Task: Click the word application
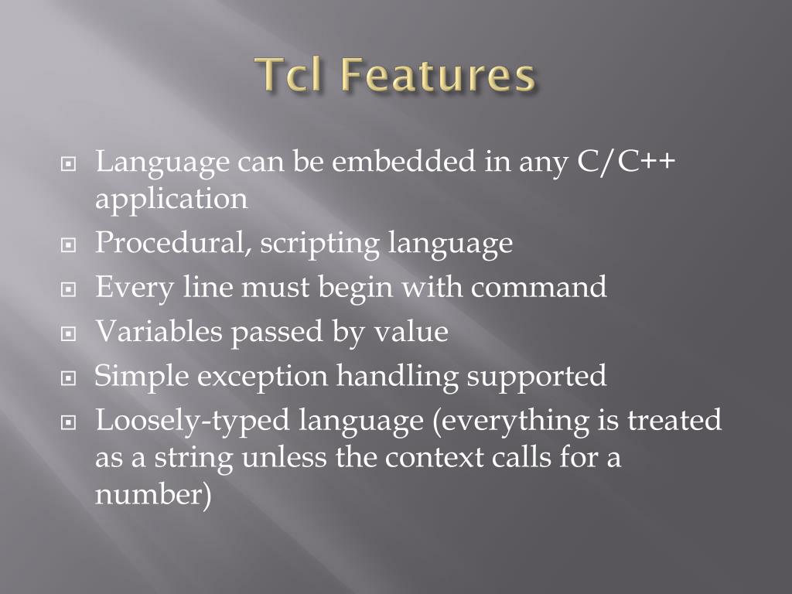[x=172, y=200]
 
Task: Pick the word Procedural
[x=172, y=244]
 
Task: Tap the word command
[x=539, y=288]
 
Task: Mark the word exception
[x=264, y=377]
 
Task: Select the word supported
[x=538, y=377]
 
